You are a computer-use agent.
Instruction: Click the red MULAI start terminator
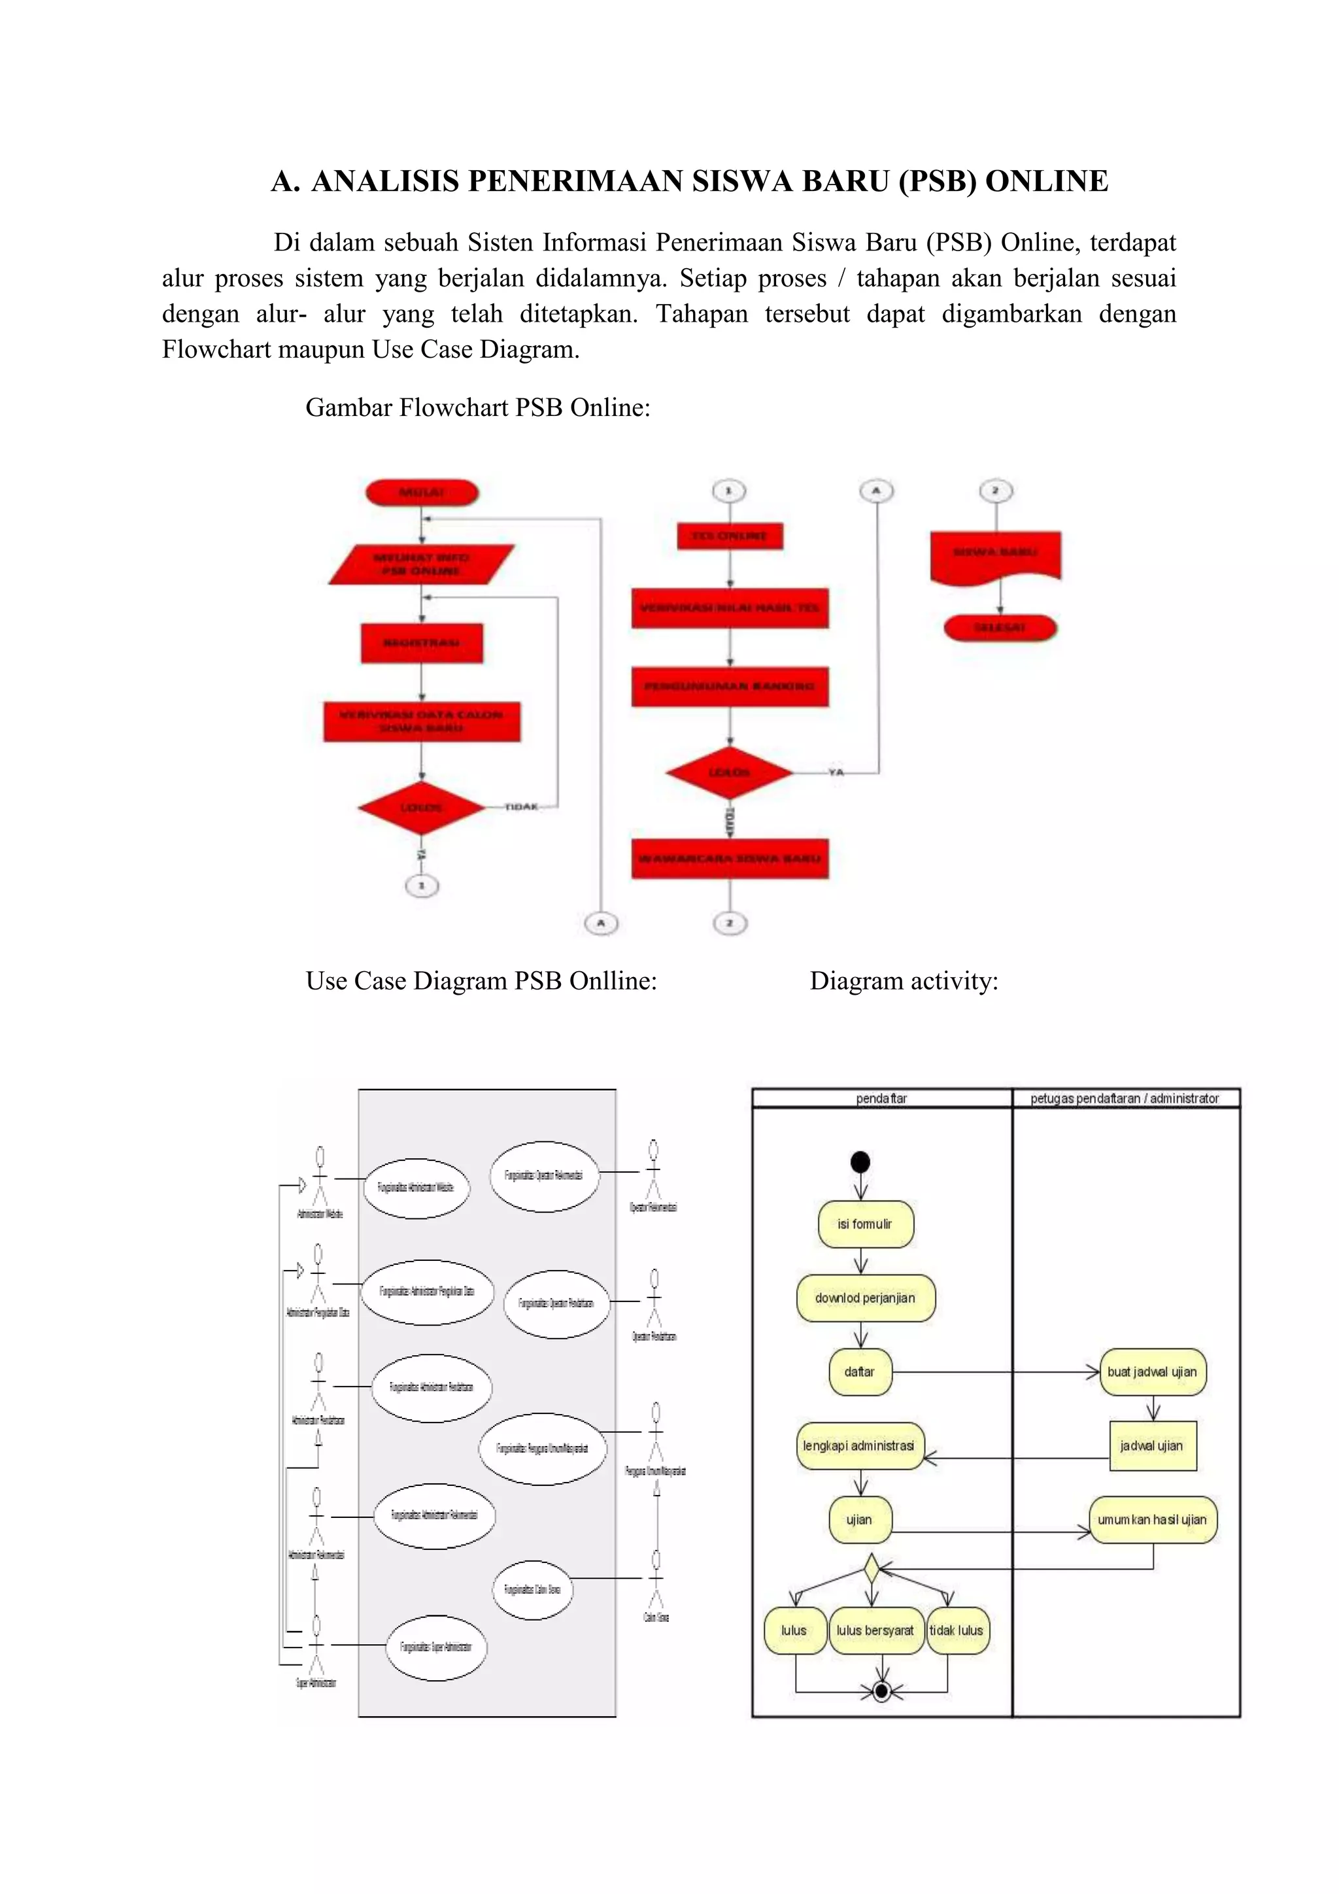pyautogui.click(x=421, y=493)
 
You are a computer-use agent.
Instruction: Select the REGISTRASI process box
pyautogui.click(x=421, y=643)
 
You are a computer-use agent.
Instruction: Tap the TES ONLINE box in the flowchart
pyautogui.click(x=730, y=536)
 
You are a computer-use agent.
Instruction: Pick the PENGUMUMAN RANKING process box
pyautogui.click(x=730, y=686)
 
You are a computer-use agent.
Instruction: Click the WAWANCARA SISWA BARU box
pyautogui.click(x=730, y=859)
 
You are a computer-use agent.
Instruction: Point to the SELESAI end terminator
pyautogui.click(x=1000, y=628)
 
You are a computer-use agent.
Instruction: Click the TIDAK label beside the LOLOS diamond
pyautogui.click(x=521, y=807)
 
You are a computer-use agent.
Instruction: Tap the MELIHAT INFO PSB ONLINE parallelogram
pyautogui.click(x=421, y=564)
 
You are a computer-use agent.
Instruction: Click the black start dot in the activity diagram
pyautogui.click(x=860, y=1162)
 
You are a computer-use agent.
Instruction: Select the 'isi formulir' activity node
pyautogui.click(x=865, y=1224)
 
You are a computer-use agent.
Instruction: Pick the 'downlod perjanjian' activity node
pyautogui.click(x=865, y=1298)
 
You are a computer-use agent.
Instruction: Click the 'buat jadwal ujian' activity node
pyautogui.click(x=1152, y=1372)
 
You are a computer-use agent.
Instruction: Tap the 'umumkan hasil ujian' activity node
pyautogui.click(x=1152, y=1519)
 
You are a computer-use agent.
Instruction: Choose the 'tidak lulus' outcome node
pyautogui.click(x=957, y=1630)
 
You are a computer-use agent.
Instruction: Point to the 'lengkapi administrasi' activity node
pyautogui.click(x=859, y=1445)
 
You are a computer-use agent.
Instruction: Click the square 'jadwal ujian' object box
pyautogui.click(x=1152, y=1445)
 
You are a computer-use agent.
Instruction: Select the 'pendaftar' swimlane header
pyautogui.click(x=881, y=1098)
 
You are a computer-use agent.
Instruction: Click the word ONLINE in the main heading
pyautogui.click(x=1046, y=181)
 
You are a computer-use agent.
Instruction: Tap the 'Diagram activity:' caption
pyautogui.click(x=904, y=981)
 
